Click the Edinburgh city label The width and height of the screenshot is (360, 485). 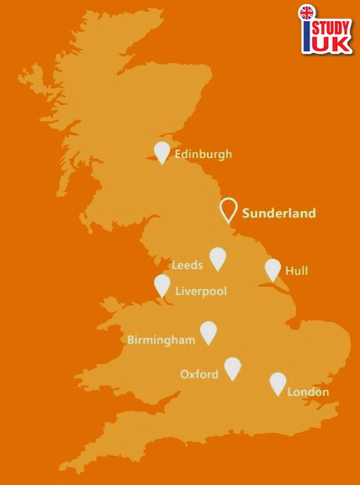[203, 154]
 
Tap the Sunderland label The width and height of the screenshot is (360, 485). [279, 213]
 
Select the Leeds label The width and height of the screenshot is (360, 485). [187, 264]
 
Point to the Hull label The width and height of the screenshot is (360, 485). [297, 271]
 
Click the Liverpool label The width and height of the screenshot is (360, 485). [201, 291]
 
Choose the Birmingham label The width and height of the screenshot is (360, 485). [160, 340]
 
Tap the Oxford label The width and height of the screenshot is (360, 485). [199, 374]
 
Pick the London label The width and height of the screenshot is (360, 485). [308, 392]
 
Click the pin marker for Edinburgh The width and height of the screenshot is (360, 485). [162, 151]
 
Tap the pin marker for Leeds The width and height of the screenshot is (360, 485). [218, 257]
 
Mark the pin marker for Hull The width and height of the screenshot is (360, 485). [273, 269]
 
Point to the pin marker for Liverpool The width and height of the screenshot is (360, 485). [161, 285]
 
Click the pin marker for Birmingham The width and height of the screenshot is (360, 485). [208, 332]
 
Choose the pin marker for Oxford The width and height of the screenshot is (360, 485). [232, 367]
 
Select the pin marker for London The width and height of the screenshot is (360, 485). [278, 382]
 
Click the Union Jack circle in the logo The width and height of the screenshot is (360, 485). [307, 13]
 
